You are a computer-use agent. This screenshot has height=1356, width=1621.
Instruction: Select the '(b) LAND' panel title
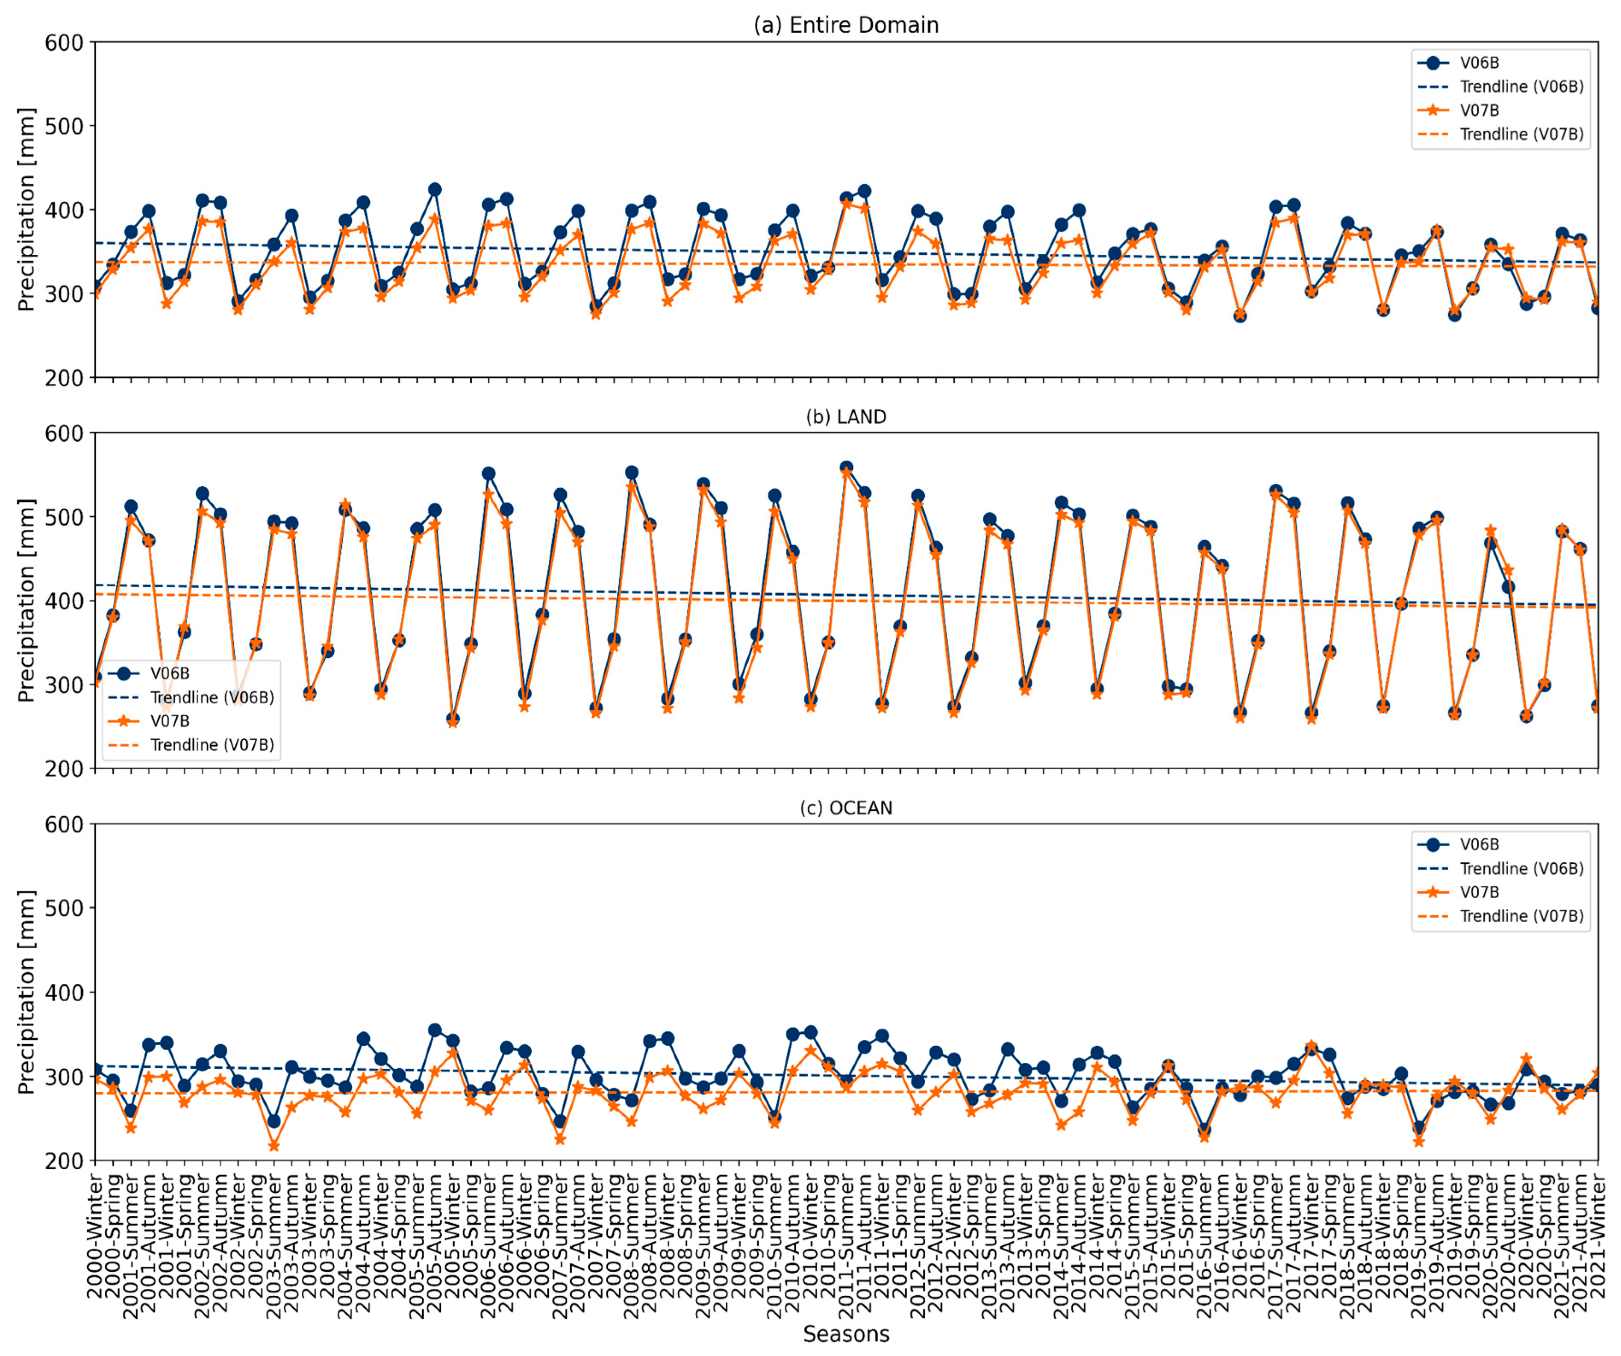[846, 417]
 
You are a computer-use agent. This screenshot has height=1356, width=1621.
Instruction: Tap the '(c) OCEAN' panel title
[846, 808]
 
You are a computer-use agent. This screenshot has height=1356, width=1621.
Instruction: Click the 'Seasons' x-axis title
[846, 1334]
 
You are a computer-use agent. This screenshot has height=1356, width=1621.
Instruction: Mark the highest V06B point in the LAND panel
[846, 468]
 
